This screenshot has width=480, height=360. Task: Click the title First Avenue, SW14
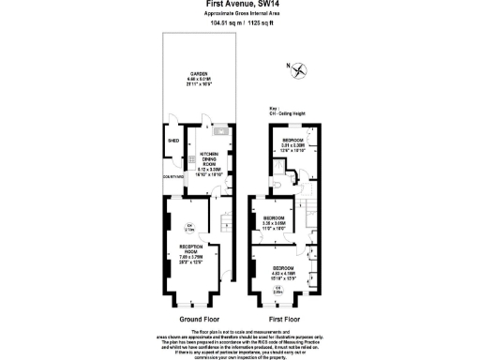pos(239,4)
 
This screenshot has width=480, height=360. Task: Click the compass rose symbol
pos(299,69)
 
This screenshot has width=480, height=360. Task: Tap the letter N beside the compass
pos(287,65)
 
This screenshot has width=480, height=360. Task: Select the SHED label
pos(172,142)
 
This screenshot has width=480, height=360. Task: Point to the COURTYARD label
pos(173,176)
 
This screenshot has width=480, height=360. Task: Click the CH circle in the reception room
pos(188,227)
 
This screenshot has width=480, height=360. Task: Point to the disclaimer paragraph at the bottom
pos(240,342)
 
